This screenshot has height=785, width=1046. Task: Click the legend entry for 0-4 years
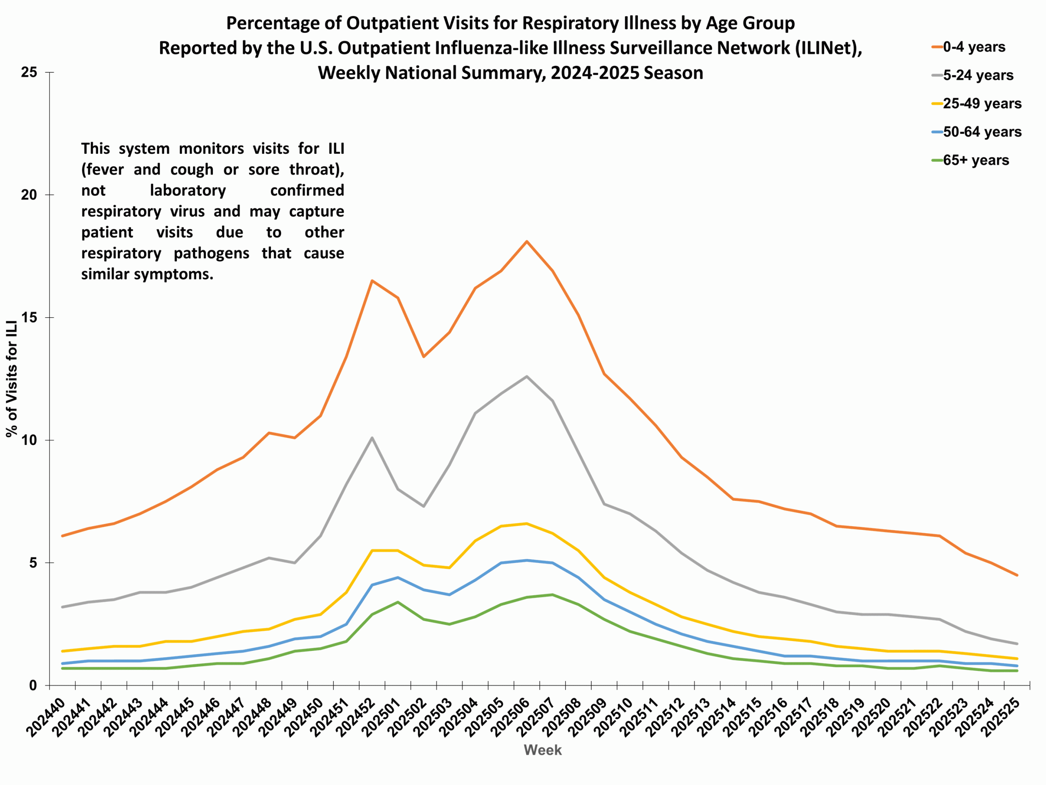tap(973, 47)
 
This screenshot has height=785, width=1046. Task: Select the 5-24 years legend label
tap(977, 75)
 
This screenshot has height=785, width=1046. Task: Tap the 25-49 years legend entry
tap(981, 103)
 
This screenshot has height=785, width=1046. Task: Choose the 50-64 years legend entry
tap(981, 132)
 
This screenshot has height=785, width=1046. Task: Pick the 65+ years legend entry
tap(975, 160)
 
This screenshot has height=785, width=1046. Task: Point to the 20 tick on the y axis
tap(29, 195)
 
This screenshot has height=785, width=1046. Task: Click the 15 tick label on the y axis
tap(29, 318)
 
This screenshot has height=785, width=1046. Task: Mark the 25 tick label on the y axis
tap(29, 72)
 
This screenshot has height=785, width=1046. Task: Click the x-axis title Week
tap(542, 750)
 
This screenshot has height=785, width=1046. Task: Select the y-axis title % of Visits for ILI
tap(12, 379)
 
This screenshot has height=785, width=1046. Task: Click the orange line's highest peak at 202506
tap(527, 241)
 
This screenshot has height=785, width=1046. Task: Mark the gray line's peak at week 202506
tap(527, 376)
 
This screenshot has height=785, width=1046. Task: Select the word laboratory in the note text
tap(188, 190)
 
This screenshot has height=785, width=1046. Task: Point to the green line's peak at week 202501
tap(398, 602)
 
